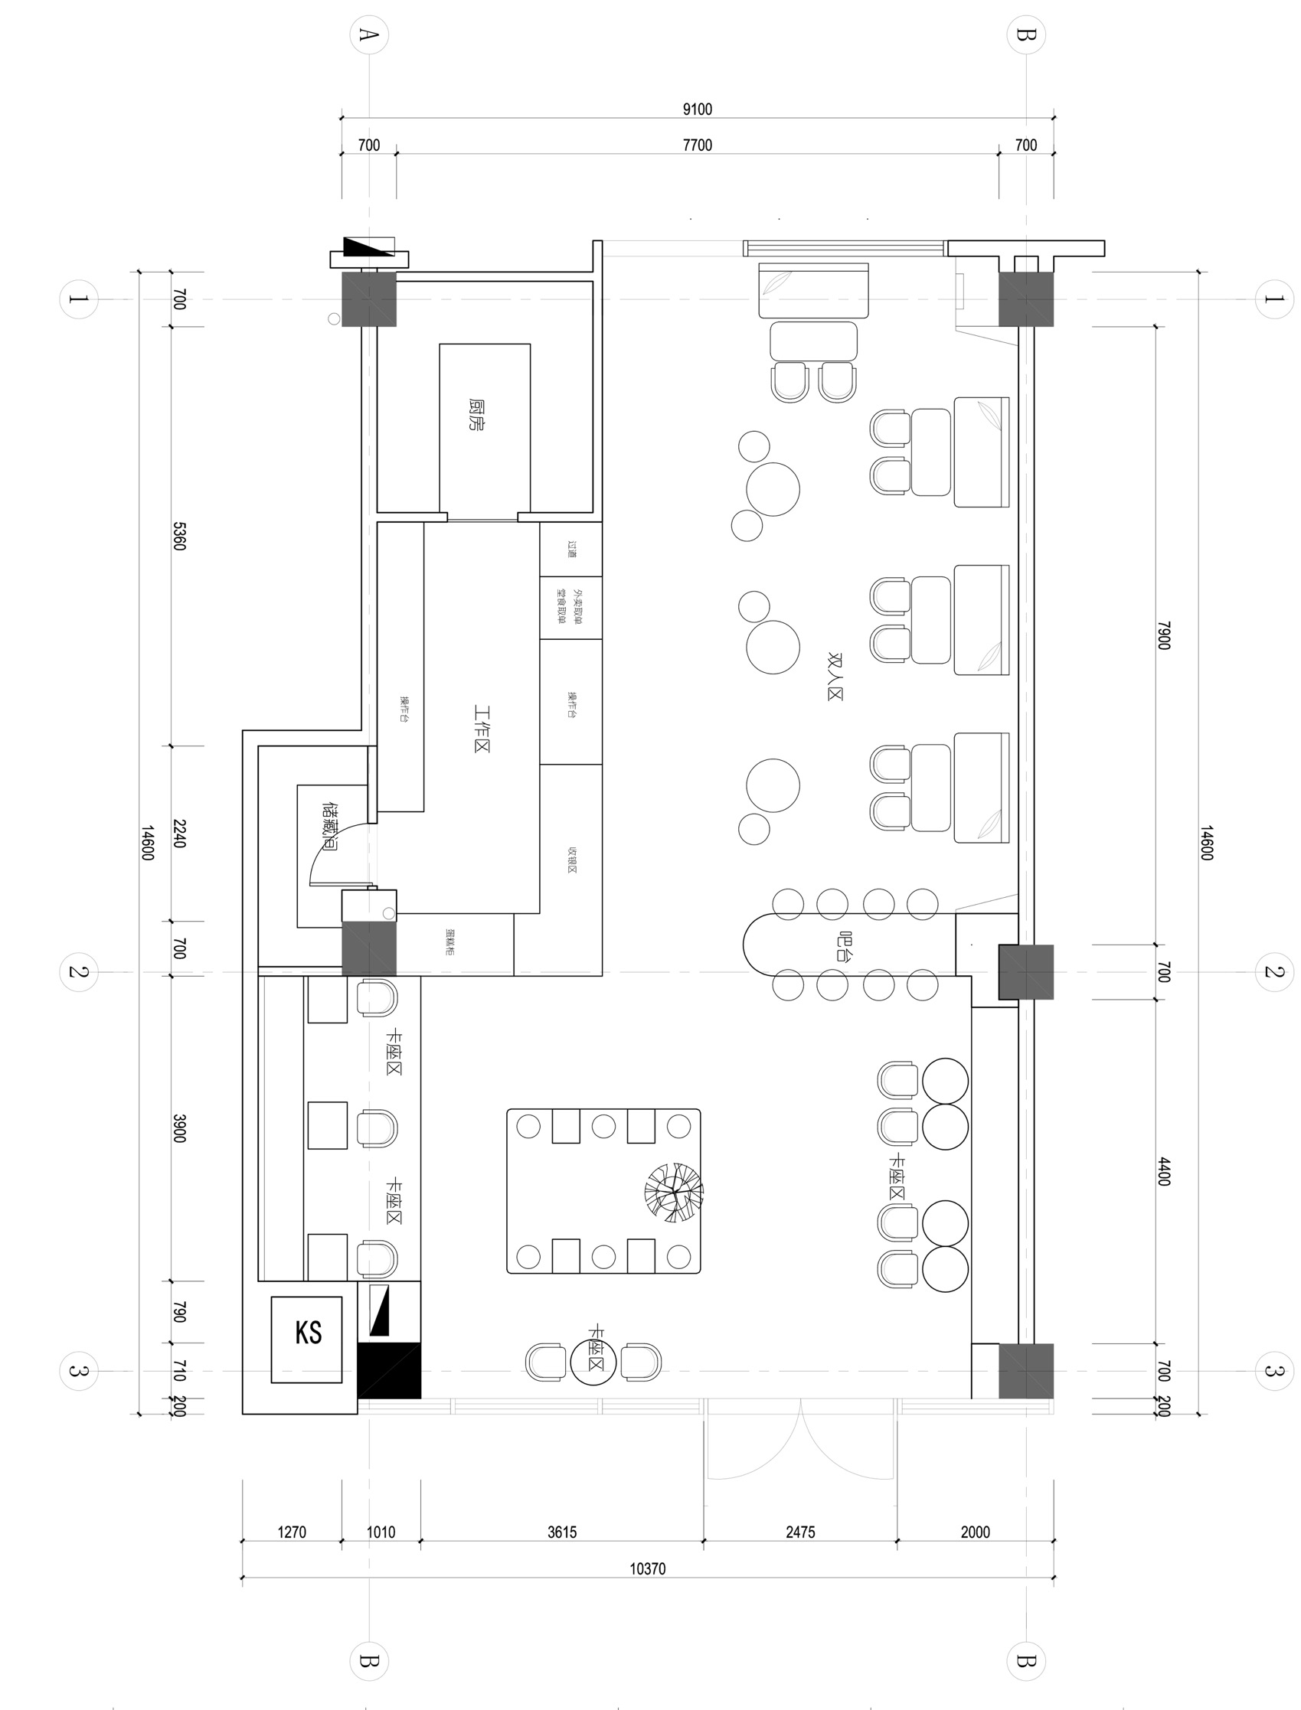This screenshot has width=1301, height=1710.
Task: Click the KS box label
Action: click(x=309, y=1333)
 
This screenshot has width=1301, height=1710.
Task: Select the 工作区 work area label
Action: click(x=482, y=729)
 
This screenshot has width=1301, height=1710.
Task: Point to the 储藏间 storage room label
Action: click(x=329, y=827)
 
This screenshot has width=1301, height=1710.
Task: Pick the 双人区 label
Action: click(x=835, y=676)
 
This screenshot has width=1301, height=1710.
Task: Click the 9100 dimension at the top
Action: click(x=697, y=109)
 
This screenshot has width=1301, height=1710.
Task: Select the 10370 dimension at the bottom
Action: click(x=647, y=1568)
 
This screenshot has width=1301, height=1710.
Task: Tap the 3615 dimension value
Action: click(x=561, y=1532)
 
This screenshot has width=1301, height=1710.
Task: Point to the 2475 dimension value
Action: click(x=800, y=1532)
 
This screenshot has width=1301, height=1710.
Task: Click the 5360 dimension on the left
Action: click(x=179, y=536)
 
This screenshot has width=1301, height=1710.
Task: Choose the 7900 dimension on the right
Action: click(x=1163, y=635)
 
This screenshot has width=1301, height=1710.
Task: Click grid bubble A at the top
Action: click(x=369, y=35)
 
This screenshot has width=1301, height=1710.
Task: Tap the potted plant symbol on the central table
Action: click(x=674, y=1192)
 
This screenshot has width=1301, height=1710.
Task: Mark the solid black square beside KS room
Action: click(x=389, y=1370)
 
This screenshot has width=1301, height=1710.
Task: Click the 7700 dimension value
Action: click(x=697, y=145)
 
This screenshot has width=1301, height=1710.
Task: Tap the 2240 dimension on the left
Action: click(x=179, y=833)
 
